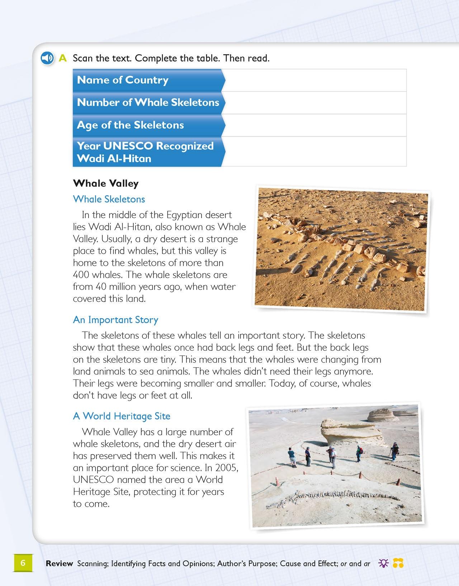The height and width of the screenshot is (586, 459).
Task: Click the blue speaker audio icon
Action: (x=47, y=58)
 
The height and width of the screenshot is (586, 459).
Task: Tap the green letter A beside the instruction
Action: (x=63, y=58)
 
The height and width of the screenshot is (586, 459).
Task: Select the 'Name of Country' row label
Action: (x=123, y=80)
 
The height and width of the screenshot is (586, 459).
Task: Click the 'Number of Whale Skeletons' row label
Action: (x=148, y=102)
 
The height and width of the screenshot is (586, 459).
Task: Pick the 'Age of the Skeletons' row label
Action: (x=130, y=125)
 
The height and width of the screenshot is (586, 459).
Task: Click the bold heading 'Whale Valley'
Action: (x=105, y=183)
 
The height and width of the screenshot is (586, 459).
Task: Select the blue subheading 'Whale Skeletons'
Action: (x=109, y=199)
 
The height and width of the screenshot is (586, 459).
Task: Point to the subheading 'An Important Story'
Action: (x=115, y=320)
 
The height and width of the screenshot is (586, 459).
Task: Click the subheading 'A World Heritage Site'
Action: (x=122, y=416)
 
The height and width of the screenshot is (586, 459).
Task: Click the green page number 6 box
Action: (x=23, y=563)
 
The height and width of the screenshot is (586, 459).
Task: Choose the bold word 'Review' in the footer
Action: (x=60, y=563)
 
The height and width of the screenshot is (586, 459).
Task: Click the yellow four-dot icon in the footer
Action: (x=398, y=563)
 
